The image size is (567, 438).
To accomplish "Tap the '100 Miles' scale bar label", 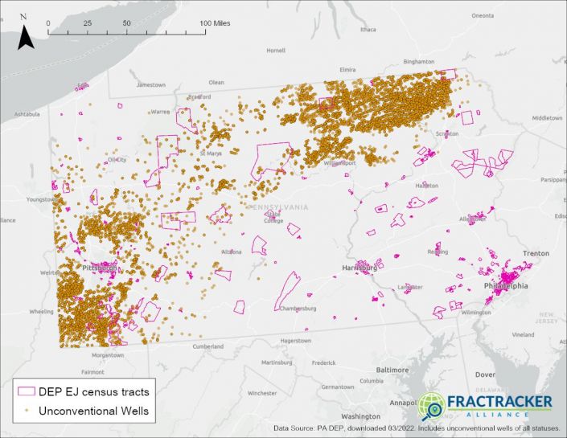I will click(215, 23).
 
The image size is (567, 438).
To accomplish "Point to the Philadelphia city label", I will click(506, 285).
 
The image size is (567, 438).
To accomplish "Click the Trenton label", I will click(536, 253).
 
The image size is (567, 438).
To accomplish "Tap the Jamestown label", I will click(150, 84).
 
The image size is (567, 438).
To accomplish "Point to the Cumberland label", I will click(207, 346).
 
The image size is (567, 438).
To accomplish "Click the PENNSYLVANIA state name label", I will click(277, 207).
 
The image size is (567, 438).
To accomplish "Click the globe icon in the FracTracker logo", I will click(431, 406).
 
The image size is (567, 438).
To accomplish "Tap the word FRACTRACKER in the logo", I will click(499, 401).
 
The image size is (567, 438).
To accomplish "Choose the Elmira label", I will click(347, 70).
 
